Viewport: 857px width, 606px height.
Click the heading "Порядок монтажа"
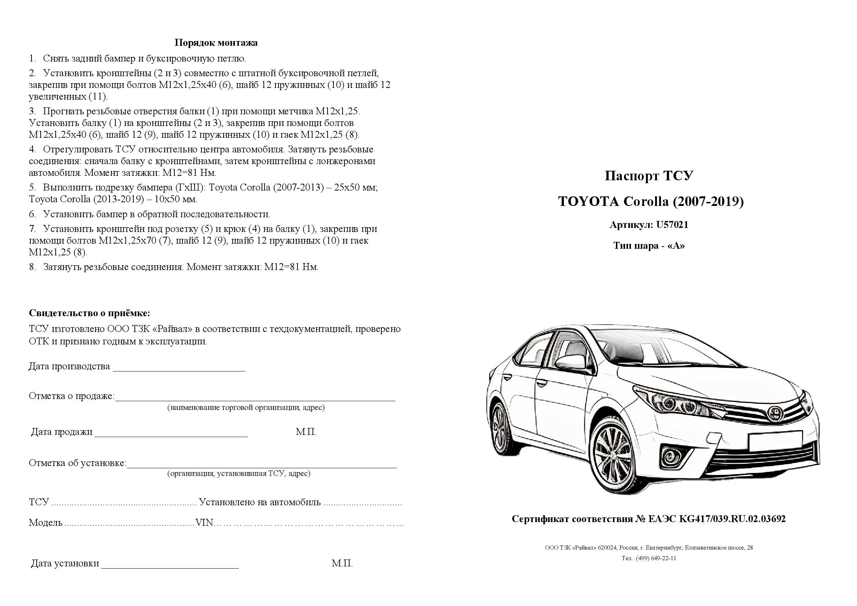pyautogui.click(x=216, y=43)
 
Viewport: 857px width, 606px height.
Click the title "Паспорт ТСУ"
pyautogui.click(x=649, y=176)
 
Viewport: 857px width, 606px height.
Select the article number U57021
pyautogui.click(x=672, y=225)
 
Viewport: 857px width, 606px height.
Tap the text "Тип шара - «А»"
pyautogui.click(x=649, y=246)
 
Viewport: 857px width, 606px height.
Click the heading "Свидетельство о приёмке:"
pyautogui.click(x=89, y=313)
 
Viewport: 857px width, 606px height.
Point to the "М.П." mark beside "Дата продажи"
pyautogui.click(x=306, y=432)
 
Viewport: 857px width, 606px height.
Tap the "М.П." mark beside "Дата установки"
pyautogui.click(x=342, y=563)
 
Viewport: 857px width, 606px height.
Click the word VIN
pyautogui.click(x=204, y=523)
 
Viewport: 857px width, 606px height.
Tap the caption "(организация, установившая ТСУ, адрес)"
pyautogui.click(x=239, y=474)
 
